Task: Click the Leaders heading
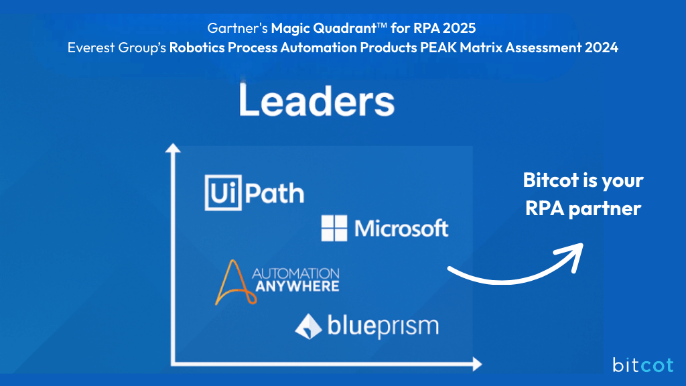[316, 101]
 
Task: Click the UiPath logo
[254, 193]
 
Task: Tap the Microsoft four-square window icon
[334, 229]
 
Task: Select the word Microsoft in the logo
[401, 229]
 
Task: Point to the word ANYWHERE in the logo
[295, 286]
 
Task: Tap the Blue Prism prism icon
[308, 326]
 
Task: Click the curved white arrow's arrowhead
[573, 255]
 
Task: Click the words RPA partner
[583, 208]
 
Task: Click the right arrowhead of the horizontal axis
[476, 365]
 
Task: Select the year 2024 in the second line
[600, 48]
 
